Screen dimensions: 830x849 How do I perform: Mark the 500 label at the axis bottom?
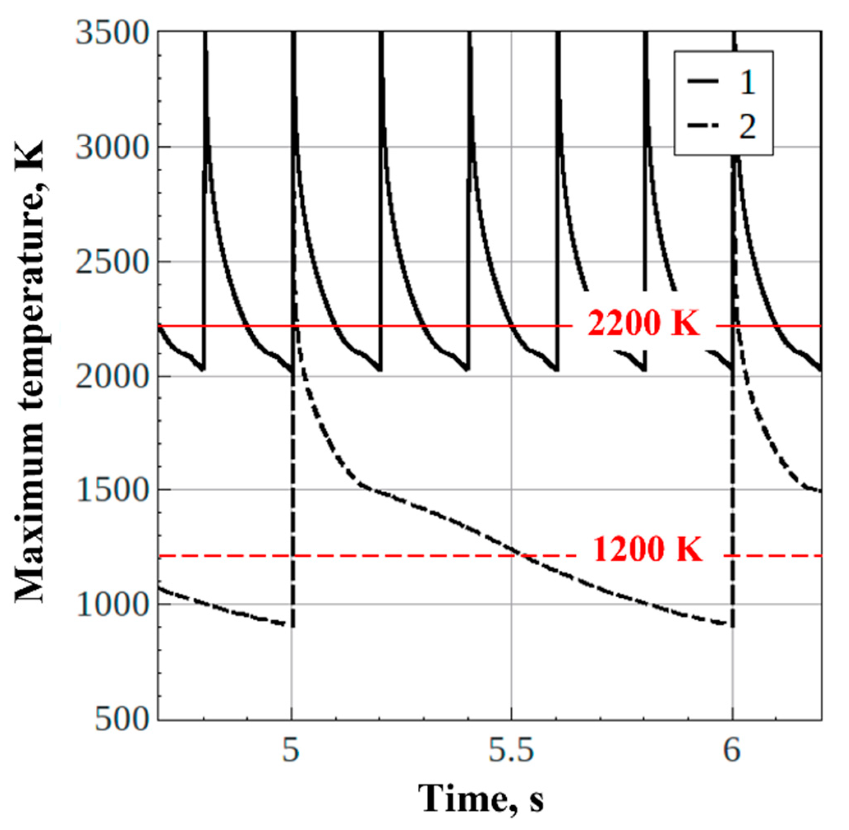coord(122,720)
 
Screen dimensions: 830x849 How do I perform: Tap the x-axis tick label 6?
coord(733,751)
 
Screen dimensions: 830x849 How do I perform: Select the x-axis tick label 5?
coord(291,751)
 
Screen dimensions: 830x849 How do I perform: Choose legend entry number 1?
coord(747,82)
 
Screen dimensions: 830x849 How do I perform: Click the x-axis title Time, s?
coord(482,796)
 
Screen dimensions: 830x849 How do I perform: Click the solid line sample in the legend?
coord(703,81)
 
